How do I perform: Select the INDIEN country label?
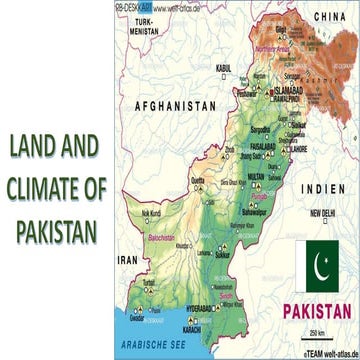pyautogui.click(x=330, y=187)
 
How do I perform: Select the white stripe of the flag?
pyautogui.click(x=303, y=265)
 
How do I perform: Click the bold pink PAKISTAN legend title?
pyautogui.click(x=316, y=309)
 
